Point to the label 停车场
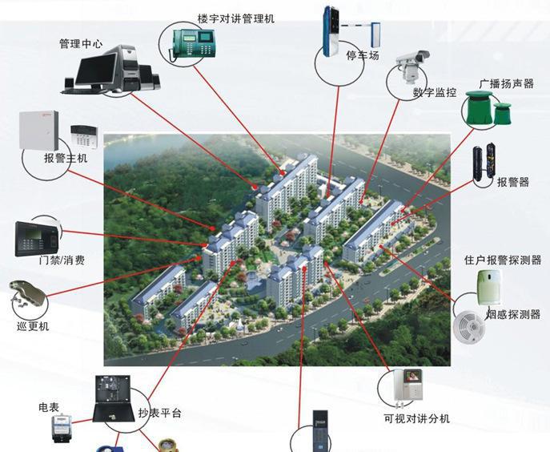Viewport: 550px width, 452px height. (363, 56)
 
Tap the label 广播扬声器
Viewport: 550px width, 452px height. (506, 83)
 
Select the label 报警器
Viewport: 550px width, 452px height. (513, 183)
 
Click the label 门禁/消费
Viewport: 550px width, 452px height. (62, 260)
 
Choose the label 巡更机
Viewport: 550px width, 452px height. (33, 326)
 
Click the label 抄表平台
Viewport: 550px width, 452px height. (159, 413)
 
